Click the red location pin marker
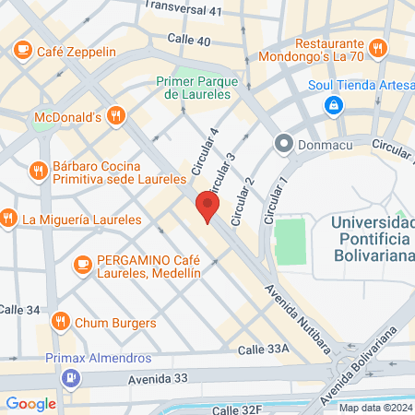click(x=207, y=207)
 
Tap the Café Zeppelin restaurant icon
click(x=21, y=52)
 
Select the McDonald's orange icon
click(x=115, y=116)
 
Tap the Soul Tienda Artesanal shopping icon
click(x=330, y=107)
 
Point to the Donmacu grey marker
click(x=283, y=144)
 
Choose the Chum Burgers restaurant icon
click(x=59, y=322)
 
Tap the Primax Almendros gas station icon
click(x=71, y=378)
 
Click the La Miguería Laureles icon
click(x=7, y=219)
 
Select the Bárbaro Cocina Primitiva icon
click(x=37, y=169)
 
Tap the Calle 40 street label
click(x=189, y=40)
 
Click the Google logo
click(x=30, y=403)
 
